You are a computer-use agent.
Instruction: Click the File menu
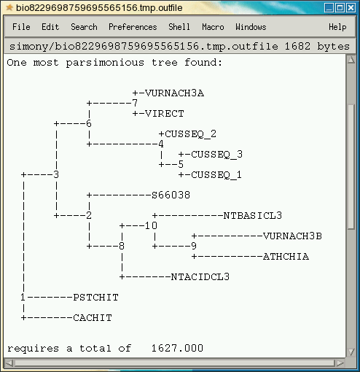tap(21, 27)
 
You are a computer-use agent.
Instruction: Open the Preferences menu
tap(133, 27)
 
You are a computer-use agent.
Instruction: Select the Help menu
tap(337, 27)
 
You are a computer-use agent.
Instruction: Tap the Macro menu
tap(213, 27)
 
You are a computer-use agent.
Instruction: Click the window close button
tap(351, 8)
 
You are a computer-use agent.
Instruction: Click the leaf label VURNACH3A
tap(174, 93)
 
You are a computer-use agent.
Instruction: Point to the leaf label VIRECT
tap(165, 114)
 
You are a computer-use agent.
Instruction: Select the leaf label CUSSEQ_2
tap(190, 134)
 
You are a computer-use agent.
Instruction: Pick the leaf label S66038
tap(171, 195)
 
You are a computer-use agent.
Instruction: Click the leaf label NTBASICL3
tap(253, 215)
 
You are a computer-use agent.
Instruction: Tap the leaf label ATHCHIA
tap(286, 257)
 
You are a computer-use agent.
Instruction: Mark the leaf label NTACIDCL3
tap(200, 277)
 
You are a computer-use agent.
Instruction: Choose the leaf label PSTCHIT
tap(95, 298)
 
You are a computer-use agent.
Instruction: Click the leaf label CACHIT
tap(93, 318)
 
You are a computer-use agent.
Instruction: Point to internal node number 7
tap(135, 103)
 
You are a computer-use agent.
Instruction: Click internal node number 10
tap(151, 225)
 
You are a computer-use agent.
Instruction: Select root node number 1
tap(23, 297)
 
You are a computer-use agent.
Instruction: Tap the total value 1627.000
tap(177, 348)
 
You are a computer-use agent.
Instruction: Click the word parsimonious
tap(105, 63)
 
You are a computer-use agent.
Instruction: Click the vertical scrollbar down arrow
tap(351, 352)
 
